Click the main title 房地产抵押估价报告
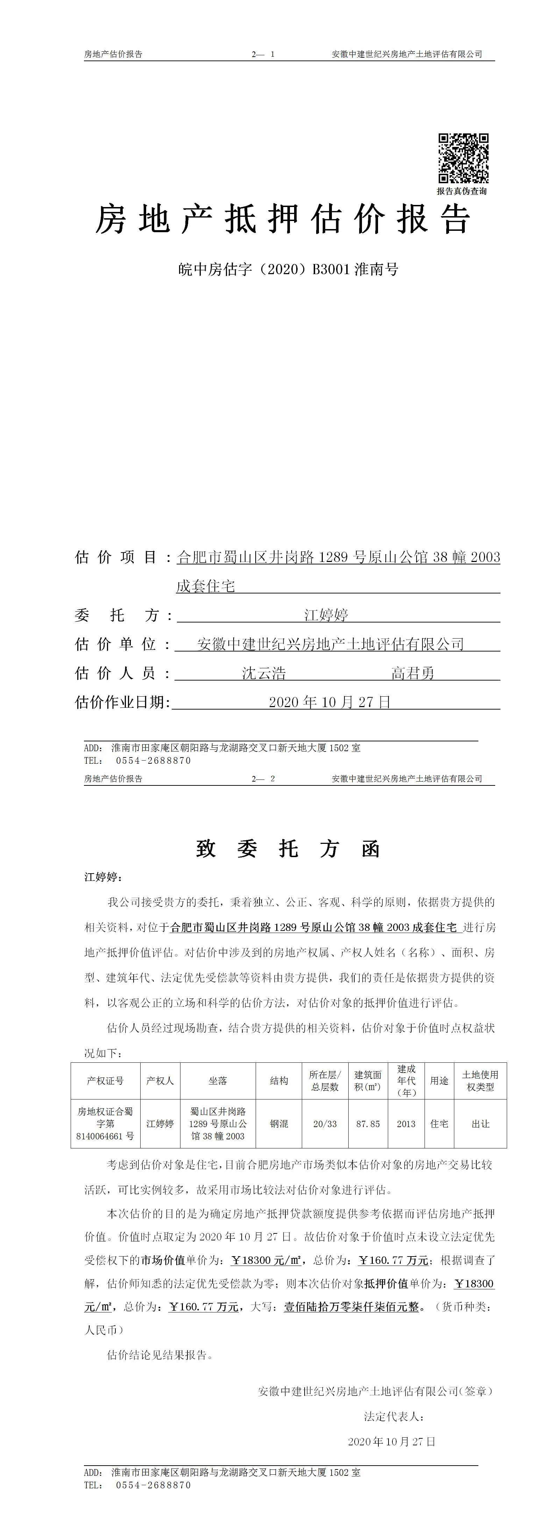pos(284,220)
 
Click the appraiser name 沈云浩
pos(264,674)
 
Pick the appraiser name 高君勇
pos(413,674)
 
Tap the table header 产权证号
pos(106,1081)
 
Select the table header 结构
pos(279,1081)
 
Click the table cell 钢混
pos(279,1124)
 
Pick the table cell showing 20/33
pos(325,1124)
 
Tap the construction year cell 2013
pos(406,1124)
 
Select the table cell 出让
pos(481,1124)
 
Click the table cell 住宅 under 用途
pos(439,1124)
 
